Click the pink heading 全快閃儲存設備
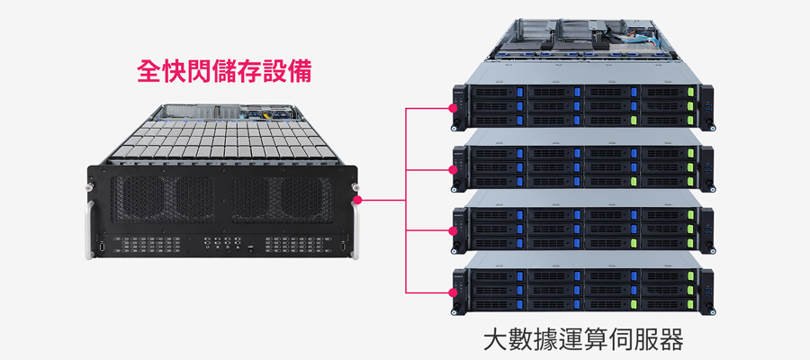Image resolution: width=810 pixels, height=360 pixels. coord(225,72)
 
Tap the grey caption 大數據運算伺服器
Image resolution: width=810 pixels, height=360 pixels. coord(584,340)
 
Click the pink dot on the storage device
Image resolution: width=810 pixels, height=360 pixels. coord(357,200)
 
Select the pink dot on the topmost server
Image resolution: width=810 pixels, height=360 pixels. coord(453,109)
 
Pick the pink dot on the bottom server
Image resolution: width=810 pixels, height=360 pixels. coord(453,292)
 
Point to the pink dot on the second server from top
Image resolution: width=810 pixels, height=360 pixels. coord(453,169)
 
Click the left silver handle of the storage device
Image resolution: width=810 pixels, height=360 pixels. coord(89,229)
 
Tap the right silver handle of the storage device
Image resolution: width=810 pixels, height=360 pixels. coord(355,230)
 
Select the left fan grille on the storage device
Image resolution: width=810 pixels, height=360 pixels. coord(163,200)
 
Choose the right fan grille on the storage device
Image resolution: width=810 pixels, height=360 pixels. coord(282,200)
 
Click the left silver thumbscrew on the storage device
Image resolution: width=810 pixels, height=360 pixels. coord(90,185)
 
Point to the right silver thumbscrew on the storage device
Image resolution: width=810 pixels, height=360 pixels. coord(355,186)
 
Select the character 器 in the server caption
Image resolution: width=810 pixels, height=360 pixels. coord(672,340)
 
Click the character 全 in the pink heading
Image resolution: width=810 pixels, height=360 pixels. coord(148,72)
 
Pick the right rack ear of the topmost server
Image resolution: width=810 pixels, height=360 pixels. coord(706,107)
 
